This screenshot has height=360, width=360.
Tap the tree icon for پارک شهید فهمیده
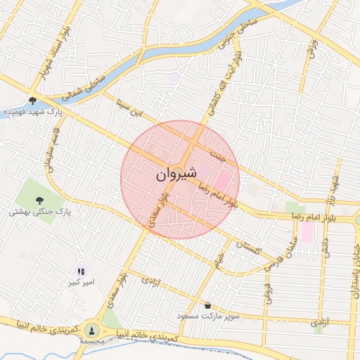[33, 101]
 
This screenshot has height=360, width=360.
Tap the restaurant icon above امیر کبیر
[80, 271]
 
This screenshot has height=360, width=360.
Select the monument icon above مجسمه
[92, 329]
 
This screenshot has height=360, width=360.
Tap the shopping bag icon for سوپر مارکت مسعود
[208, 305]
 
